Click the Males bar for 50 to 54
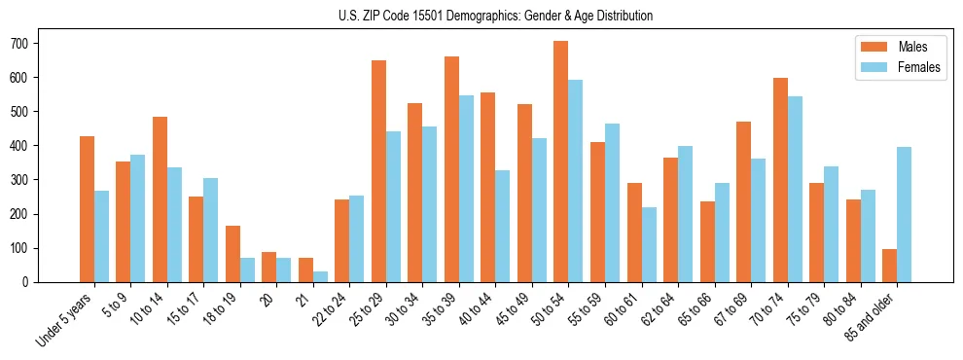pos(560,162)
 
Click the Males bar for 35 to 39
pos(451,169)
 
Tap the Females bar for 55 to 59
pos(612,202)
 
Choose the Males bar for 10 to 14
pos(160,199)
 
